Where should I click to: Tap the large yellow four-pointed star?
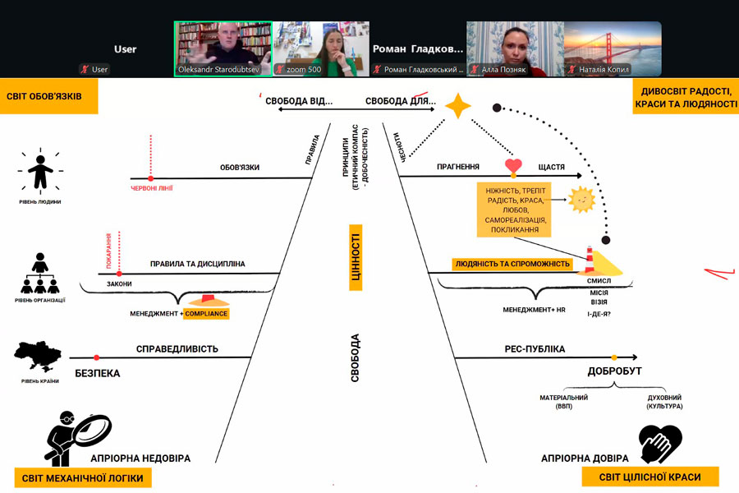458,107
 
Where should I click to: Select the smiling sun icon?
582,199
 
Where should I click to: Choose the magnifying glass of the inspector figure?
91,429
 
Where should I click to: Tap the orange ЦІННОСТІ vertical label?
356,259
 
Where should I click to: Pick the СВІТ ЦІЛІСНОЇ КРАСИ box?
650,477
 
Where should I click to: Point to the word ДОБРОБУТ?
614,371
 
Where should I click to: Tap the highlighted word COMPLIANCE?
206,314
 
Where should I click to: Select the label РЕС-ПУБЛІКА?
535,349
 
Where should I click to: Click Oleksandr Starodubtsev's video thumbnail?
223,48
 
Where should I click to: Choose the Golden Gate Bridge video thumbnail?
613,48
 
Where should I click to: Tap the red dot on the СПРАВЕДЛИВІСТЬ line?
97,357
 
